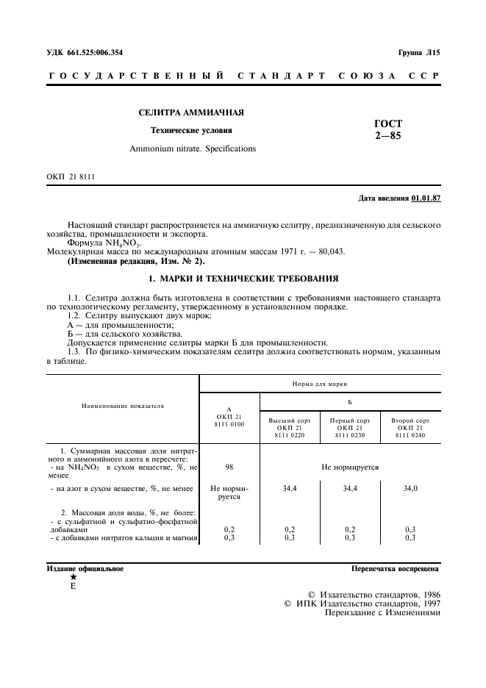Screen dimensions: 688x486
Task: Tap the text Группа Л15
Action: click(419, 52)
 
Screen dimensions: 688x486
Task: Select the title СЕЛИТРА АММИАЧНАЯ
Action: click(191, 112)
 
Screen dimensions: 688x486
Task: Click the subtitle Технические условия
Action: click(191, 130)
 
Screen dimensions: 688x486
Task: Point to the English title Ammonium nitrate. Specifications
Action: click(193, 148)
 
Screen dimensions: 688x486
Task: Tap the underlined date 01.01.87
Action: click(426, 198)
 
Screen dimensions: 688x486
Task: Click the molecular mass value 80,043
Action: click(329, 251)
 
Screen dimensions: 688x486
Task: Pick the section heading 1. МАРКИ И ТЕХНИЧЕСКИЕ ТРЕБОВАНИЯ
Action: click(243, 279)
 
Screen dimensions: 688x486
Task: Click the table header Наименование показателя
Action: click(123, 405)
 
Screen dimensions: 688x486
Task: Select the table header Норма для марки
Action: click(319, 384)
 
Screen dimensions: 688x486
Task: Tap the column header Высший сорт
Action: click(289, 420)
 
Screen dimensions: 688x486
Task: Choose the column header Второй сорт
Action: click(410, 420)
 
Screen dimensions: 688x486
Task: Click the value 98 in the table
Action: click(229, 467)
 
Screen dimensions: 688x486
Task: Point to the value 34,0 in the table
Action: click(410, 487)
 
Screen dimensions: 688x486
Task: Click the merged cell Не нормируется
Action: click(349, 467)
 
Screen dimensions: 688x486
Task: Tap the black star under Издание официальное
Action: click(73, 578)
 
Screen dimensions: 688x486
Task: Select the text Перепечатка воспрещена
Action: click(396, 568)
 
